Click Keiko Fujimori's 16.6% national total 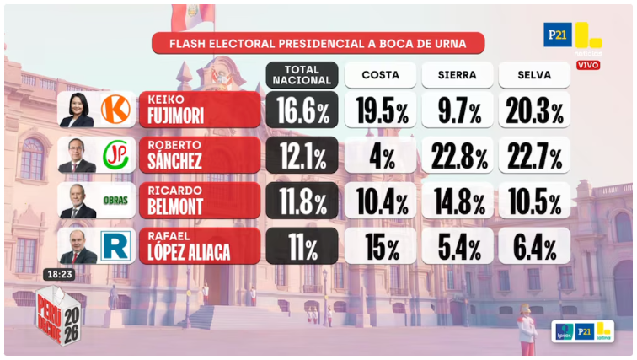pos(302,110)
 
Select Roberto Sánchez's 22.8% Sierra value pos(458,156)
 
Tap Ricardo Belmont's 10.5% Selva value pos(534,201)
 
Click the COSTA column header pos(380,75)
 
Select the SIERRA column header pos(458,75)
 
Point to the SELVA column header pos(534,75)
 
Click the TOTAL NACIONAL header pos(302,75)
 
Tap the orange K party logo pos(115,110)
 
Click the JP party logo pos(115,155)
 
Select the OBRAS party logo pos(115,201)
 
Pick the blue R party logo pos(115,246)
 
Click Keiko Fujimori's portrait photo pos(77,110)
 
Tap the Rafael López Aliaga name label pos(199,246)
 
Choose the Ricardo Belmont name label pos(199,201)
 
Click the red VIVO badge pos(588,65)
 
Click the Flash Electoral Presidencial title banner pos(318,44)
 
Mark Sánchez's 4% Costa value pos(380,156)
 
